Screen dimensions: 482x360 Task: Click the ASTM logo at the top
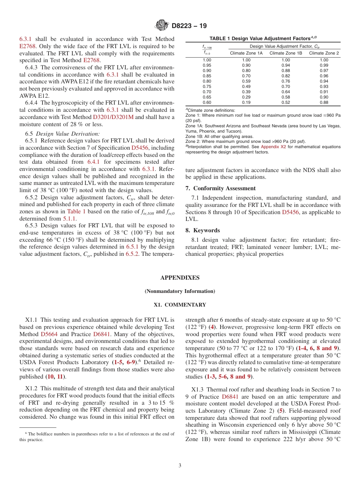pyautogui.click(x=161, y=26)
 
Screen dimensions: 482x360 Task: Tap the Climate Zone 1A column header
pyautogui.click(x=246, y=53)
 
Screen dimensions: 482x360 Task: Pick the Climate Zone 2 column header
pyautogui.click(x=324, y=53)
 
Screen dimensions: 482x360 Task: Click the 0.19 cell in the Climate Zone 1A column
pyautogui.click(x=246, y=102)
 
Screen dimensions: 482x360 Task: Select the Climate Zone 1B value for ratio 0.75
pyautogui.click(x=286, y=86)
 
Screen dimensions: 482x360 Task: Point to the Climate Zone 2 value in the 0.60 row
pyautogui.click(x=324, y=102)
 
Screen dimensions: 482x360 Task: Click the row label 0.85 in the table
pyautogui.click(x=207, y=76)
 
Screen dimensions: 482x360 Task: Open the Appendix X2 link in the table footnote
pyautogui.click(x=273, y=147)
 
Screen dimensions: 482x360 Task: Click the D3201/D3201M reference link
pyautogui.click(x=113, y=117)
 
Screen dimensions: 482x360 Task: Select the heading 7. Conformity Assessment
pyautogui.click(x=221, y=188)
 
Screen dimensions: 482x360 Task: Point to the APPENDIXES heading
pyautogui.click(x=180, y=278)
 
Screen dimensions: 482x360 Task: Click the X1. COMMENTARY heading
pyautogui.click(x=180, y=305)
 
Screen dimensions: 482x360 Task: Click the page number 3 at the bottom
pyautogui.click(x=180, y=466)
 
